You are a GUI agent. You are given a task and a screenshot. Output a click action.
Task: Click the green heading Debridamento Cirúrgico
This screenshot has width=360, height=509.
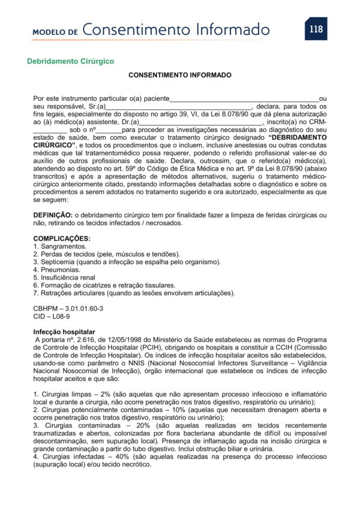[70, 61]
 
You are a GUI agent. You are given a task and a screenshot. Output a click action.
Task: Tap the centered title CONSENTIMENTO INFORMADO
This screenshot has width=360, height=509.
[179, 76]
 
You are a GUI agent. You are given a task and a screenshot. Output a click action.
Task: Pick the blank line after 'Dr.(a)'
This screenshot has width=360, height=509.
[201, 122]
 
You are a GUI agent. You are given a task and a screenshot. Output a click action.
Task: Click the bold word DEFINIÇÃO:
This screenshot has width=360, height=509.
[52, 215]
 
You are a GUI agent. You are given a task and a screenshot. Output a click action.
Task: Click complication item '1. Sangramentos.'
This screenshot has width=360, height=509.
[60, 246]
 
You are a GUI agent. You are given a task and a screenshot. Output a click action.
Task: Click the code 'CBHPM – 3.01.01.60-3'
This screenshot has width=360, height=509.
[68, 308]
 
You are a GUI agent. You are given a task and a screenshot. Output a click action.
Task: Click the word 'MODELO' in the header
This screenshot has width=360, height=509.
[51, 31]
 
